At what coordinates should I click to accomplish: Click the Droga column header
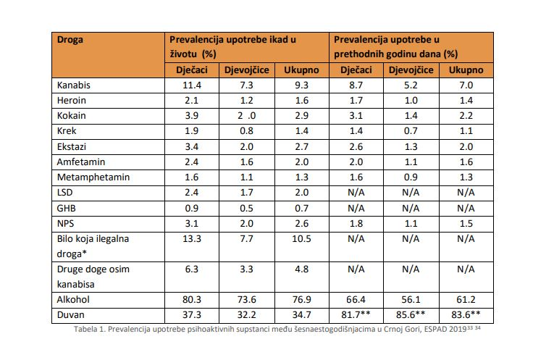(70, 40)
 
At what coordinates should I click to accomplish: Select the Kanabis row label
(73, 85)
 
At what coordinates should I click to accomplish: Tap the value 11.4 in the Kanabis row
(192, 85)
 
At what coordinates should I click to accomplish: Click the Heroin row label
(72, 100)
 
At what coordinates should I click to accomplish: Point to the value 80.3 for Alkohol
(192, 299)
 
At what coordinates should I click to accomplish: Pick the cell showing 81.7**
(356, 315)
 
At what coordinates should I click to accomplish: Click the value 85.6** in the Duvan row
(411, 315)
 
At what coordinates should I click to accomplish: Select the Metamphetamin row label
(93, 177)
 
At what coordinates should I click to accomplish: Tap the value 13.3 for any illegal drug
(192, 238)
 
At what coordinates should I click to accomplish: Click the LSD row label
(64, 193)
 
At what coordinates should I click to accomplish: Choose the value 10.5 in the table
(301, 238)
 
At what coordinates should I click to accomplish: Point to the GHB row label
(66, 208)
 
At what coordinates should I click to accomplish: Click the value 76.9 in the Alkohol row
(301, 299)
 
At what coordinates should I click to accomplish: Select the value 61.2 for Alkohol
(466, 299)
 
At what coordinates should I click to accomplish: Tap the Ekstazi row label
(72, 146)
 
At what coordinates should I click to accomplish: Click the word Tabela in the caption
(83, 329)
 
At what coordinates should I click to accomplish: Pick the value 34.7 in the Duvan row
(301, 315)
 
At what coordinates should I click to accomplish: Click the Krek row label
(67, 131)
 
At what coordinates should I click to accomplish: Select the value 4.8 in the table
(301, 269)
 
